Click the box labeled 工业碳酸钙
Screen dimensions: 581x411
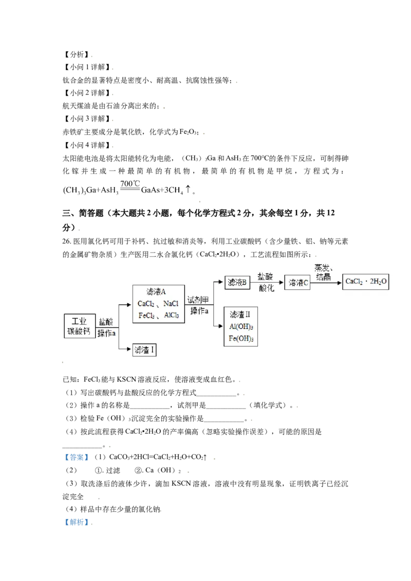pos(79,325)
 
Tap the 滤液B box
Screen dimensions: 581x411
pos(238,282)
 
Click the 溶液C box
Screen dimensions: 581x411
pos(297,282)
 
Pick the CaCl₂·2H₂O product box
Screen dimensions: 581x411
pos(366,282)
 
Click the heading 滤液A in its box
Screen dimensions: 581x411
pos(157,292)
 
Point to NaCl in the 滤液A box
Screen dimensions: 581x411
pos(171,304)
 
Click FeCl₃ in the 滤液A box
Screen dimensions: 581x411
pos(146,315)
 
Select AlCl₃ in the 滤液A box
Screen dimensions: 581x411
pos(172,315)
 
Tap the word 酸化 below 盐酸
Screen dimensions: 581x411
pos(266,288)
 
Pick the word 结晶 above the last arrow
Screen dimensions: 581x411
pos(323,277)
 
